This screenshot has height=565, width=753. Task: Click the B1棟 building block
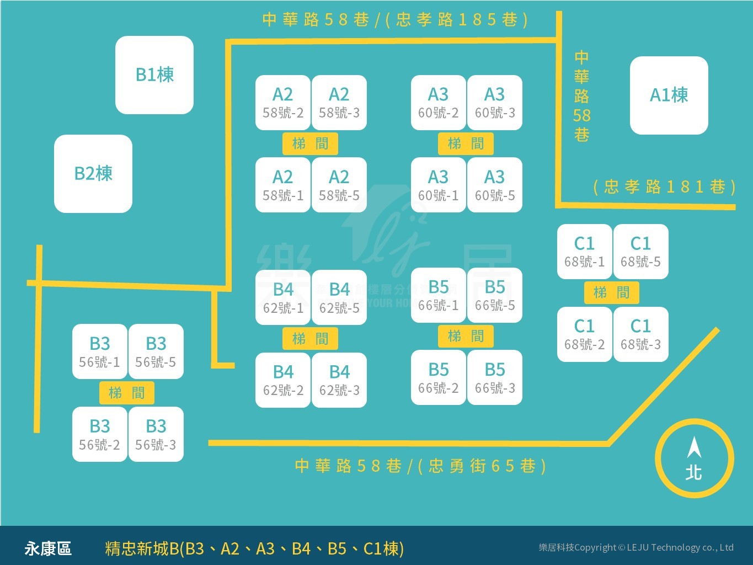tap(154, 75)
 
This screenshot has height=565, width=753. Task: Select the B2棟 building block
tap(93, 174)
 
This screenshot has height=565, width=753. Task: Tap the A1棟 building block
tap(669, 95)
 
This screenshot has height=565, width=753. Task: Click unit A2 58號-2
tap(283, 103)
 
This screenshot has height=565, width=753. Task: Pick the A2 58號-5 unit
tap(339, 185)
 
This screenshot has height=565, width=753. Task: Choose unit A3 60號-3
tap(495, 103)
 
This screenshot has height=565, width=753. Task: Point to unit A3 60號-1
tap(439, 185)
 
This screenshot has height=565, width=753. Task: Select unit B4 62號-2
tap(283, 380)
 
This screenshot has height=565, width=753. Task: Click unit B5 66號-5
tap(495, 295)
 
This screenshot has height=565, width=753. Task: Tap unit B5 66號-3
tap(495, 378)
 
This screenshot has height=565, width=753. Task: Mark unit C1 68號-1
tap(585, 252)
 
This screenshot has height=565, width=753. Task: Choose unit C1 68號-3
tap(641, 334)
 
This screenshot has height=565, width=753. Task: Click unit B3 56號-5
tap(156, 351)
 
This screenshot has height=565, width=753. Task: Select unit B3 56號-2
tap(100, 434)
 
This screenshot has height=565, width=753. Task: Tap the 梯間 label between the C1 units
tap(612, 292)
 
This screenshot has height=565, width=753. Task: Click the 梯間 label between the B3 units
tap(127, 393)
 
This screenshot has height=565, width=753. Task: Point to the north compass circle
tap(694, 459)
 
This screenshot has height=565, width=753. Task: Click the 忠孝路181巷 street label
tap(664, 187)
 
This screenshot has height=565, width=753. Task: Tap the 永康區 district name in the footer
tap(48, 548)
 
